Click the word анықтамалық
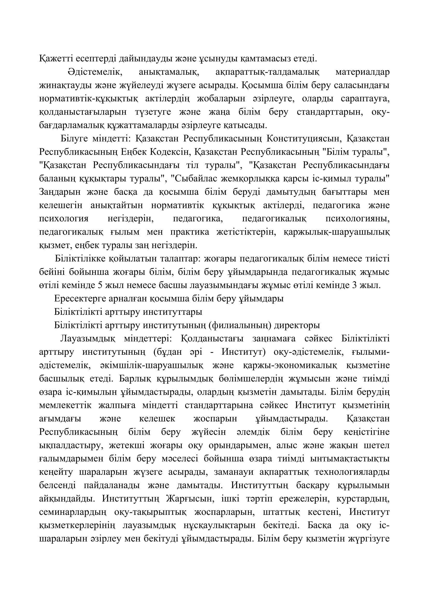[x=167, y=72]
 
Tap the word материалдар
[x=362, y=72]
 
